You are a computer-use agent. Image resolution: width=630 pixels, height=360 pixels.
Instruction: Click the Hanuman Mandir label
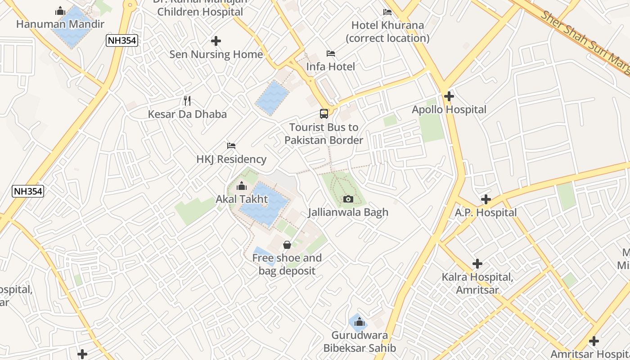click(60, 24)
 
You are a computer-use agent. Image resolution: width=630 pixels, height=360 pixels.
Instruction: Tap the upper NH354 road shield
click(122, 40)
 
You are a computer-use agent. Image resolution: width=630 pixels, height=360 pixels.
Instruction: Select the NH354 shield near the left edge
click(28, 191)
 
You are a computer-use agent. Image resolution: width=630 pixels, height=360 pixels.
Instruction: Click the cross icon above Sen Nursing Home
click(216, 41)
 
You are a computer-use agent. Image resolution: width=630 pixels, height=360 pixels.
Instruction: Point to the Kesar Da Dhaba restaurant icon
click(187, 101)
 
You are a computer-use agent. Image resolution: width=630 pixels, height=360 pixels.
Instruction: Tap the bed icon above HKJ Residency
click(231, 146)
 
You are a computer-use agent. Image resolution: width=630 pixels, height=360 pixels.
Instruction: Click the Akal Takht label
click(242, 199)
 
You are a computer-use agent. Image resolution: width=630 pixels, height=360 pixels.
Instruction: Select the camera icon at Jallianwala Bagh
click(348, 199)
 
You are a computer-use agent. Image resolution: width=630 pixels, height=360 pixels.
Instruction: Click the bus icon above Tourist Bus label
click(324, 114)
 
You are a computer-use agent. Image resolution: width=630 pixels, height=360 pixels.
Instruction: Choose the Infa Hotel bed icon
click(331, 54)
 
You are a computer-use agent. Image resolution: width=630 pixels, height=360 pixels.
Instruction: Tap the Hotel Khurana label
click(387, 31)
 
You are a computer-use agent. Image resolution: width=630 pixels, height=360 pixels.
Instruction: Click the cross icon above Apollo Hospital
click(449, 96)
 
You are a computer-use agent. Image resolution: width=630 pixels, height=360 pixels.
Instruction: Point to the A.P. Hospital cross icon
click(486, 199)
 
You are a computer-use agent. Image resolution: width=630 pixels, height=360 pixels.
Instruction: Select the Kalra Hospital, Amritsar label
click(477, 283)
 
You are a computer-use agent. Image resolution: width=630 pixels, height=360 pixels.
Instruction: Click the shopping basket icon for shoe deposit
click(287, 245)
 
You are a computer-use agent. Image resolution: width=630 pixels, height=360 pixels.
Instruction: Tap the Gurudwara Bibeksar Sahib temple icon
click(359, 322)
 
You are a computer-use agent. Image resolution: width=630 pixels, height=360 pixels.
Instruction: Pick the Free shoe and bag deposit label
click(287, 264)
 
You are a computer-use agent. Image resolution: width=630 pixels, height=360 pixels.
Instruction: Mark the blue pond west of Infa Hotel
click(272, 98)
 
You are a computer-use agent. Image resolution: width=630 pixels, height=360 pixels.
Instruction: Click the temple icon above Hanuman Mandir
click(60, 11)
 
